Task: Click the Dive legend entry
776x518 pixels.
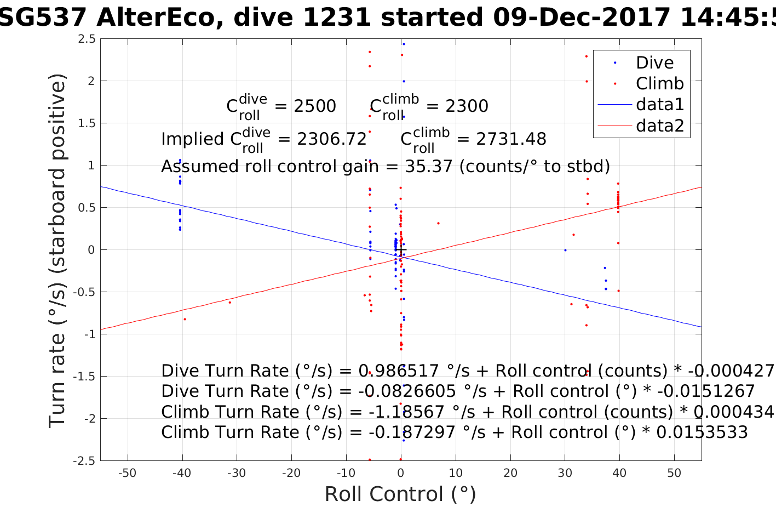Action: [x=654, y=63]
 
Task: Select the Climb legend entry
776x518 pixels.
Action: [x=659, y=84]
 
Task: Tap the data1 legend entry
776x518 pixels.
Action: [x=660, y=105]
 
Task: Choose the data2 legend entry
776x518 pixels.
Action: [x=660, y=126]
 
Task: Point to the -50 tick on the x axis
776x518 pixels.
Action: [x=128, y=473]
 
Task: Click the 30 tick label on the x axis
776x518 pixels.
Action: [x=565, y=473]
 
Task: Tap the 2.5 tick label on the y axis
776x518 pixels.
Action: [x=87, y=39]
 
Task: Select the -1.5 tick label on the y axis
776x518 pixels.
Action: [x=84, y=377]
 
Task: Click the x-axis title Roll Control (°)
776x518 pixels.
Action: [x=400, y=494]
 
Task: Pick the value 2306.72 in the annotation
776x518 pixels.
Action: [x=332, y=139]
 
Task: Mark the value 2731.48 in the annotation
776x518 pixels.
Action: [x=511, y=139]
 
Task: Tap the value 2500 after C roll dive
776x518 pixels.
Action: [x=315, y=106]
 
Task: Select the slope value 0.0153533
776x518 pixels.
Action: [x=702, y=432]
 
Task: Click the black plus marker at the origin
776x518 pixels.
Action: [x=401, y=251]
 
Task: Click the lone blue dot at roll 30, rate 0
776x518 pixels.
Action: [x=565, y=251]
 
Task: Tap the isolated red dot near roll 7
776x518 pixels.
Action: [x=438, y=223]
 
